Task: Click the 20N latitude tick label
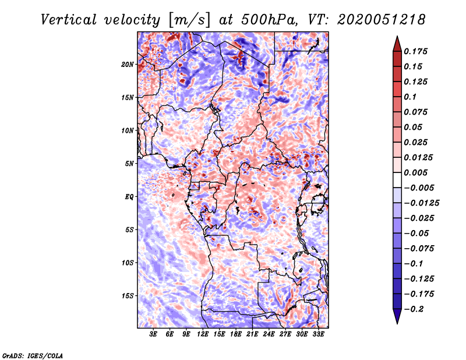pos(128,64)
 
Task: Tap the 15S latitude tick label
pos(128,295)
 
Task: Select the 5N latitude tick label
pos(129,163)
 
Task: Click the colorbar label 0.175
pos(417,51)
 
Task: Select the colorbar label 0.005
pos(417,172)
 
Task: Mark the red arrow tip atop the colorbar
pos(397,39)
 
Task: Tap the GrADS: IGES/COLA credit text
pos(32,355)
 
